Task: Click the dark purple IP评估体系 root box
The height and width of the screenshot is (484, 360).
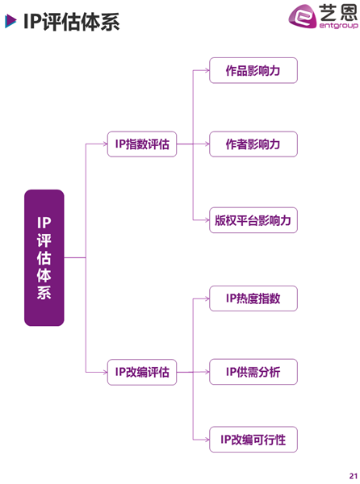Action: tap(44, 258)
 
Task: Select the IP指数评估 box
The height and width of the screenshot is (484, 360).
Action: tap(142, 144)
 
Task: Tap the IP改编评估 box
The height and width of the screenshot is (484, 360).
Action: tap(142, 372)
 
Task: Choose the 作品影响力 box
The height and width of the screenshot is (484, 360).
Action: tap(253, 70)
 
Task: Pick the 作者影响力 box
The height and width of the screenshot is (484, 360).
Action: tap(253, 144)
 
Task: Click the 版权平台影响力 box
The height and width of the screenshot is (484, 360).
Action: tap(253, 220)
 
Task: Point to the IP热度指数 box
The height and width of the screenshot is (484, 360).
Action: tap(253, 298)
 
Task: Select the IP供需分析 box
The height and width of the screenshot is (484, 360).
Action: tap(253, 372)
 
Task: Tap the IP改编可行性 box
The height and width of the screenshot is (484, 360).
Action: tap(253, 440)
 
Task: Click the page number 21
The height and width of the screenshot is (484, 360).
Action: tap(354, 476)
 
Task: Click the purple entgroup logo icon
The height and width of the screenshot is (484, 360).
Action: tap(302, 16)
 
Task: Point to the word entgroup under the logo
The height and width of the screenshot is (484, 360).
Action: tap(339, 25)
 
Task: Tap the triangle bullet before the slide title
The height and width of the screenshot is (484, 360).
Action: tap(10, 21)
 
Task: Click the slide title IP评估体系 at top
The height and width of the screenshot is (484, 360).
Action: tap(71, 22)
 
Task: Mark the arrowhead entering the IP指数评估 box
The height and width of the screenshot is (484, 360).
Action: tap(105, 144)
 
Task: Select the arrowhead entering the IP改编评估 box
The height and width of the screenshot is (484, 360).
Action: tap(105, 372)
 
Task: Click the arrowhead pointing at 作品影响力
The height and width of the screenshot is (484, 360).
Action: tap(207, 70)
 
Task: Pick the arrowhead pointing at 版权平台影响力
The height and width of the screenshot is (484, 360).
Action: tap(207, 220)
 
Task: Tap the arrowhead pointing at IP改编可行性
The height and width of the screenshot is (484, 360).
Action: tap(207, 440)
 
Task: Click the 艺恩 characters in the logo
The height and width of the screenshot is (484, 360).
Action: tap(338, 12)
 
